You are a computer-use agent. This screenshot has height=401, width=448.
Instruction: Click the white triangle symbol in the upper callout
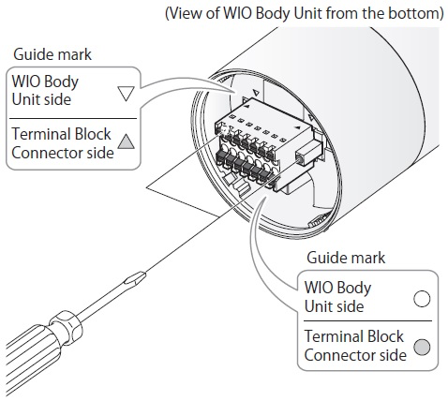[127, 93]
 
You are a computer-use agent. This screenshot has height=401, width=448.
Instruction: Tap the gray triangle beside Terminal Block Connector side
[127, 142]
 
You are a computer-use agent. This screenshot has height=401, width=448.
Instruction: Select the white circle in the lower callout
[422, 299]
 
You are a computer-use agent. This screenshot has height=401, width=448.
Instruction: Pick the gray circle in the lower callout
[422, 347]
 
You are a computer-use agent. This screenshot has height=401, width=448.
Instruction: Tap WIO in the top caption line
[238, 13]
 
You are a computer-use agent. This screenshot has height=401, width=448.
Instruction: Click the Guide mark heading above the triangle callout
[52, 54]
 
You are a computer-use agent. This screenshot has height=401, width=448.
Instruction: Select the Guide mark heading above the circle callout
[346, 258]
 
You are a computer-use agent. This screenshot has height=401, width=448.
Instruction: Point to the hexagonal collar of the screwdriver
[67, 327]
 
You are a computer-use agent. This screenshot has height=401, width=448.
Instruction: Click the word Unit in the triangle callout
[24, 99]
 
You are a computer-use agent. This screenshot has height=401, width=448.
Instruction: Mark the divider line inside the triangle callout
[73, 119]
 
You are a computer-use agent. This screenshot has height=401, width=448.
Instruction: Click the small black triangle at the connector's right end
[297, 127]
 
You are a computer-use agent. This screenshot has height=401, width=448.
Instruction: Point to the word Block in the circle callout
[385, 336]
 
